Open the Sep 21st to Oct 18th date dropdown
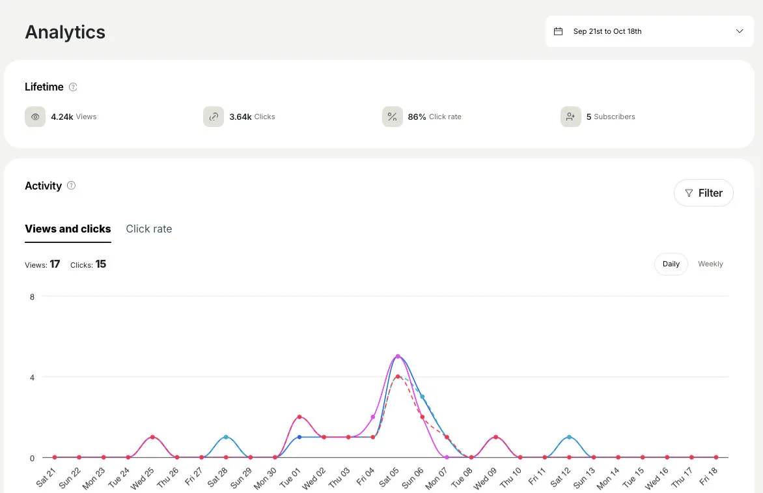[x=648, y=31]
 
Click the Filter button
[x=703, y=193]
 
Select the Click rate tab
[x=148, y=229]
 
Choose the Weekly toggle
[x=710, y=264]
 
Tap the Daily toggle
[x=671, y=264]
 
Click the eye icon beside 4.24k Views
[x=35, y=117]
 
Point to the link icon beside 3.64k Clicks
[x=214, y=117]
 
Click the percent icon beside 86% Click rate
[x=392, y=117]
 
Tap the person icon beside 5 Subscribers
[x=570, y=117]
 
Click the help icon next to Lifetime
[x=73, y=87]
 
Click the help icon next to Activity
[x=72, y=186]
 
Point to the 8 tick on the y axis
[x=32, y=296]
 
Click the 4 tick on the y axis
[x=32, y=377]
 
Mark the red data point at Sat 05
[x=398, y=376]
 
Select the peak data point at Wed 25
[x=152, y=437]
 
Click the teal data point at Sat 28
[x=226, y=437]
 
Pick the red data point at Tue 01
[x=299, y=417]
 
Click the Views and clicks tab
[x=68, y=229]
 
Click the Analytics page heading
[x=65, y=32]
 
